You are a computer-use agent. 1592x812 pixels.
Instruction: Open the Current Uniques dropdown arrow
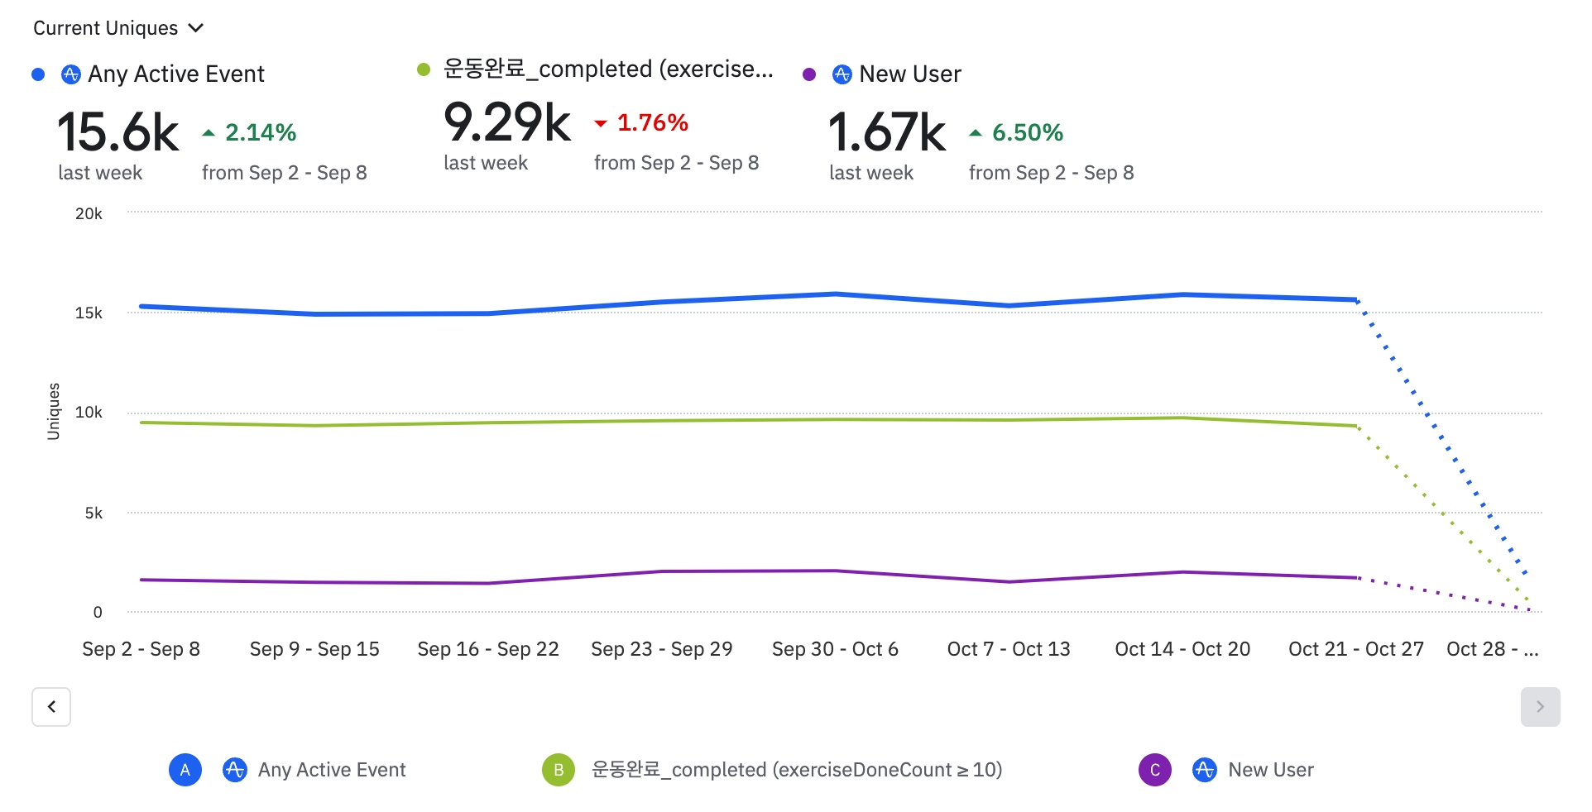196,28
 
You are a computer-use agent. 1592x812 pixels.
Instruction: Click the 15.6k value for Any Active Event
118,132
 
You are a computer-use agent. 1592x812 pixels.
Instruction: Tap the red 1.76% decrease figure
652,123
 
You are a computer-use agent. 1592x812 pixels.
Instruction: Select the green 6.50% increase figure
1027,132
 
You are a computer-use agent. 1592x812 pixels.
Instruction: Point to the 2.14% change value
260,132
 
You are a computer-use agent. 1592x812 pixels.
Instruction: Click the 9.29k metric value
506,122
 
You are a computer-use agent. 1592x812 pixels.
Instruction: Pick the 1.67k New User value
887,132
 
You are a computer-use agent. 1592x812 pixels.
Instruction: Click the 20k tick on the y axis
89,213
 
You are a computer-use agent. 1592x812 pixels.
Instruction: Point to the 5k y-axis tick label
94,513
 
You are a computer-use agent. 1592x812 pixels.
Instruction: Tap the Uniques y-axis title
54,411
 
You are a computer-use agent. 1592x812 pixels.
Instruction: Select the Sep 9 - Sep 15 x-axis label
314,649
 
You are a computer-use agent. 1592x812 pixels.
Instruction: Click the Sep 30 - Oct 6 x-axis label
835,649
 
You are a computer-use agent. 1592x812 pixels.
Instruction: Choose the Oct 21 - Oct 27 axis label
1355,649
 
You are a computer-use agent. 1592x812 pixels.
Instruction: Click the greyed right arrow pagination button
1540,707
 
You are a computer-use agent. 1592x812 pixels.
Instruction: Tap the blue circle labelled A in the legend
185,770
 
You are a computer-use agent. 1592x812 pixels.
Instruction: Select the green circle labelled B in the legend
559,770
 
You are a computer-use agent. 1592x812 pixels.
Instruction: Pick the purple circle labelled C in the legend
1155,770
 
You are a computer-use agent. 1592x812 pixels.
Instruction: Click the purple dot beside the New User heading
809,74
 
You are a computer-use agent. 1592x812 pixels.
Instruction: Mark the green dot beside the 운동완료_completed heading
424,69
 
